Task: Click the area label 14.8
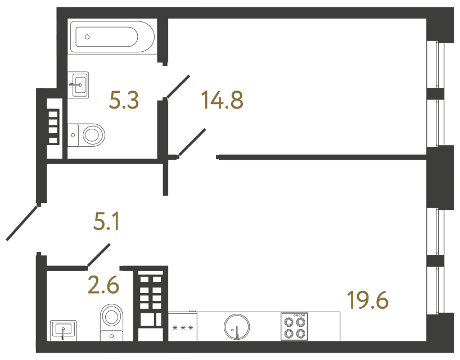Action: [x=222, y=101]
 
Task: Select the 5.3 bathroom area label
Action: [x=124, y=101]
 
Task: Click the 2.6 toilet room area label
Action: [x=103, y=286]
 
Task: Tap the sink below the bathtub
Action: [x=79, y=85]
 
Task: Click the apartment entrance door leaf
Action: [x=22, y=223]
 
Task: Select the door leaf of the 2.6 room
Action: [x=98, y=255]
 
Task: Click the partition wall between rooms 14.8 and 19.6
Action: [x=321, y=157]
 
